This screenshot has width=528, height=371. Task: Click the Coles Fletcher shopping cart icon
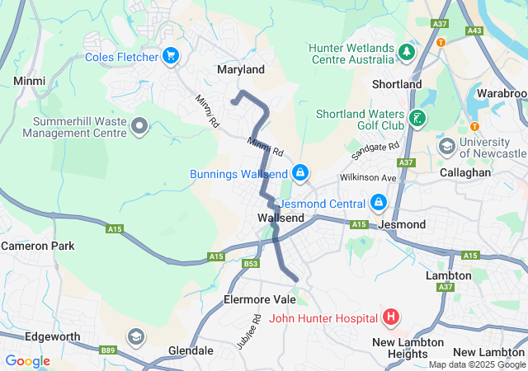click(171, 56)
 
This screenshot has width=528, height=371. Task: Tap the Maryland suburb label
click(240, 70)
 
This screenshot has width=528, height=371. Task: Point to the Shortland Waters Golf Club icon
click(418, 119)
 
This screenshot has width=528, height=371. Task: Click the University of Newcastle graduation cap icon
click(447, 148)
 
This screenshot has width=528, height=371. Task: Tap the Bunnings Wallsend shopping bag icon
click(301, 173)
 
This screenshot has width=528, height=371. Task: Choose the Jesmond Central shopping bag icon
click(378, 202)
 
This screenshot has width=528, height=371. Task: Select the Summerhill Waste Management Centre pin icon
click(139, 126)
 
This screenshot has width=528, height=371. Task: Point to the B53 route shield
click(251, 264)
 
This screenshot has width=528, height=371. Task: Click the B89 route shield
click(108, 351)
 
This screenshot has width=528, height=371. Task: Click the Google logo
click(27, 361)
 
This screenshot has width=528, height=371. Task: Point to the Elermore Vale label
click(260, 299)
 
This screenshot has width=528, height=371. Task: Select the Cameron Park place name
click(37, 246)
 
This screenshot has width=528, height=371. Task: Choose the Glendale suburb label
click(191, 350)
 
